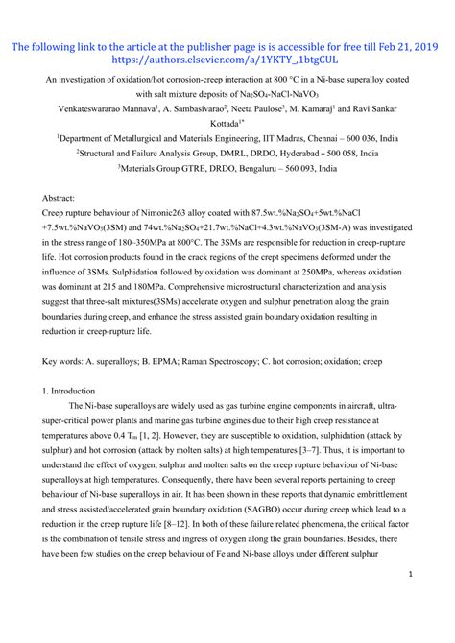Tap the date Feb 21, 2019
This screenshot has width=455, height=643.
point(401,43)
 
